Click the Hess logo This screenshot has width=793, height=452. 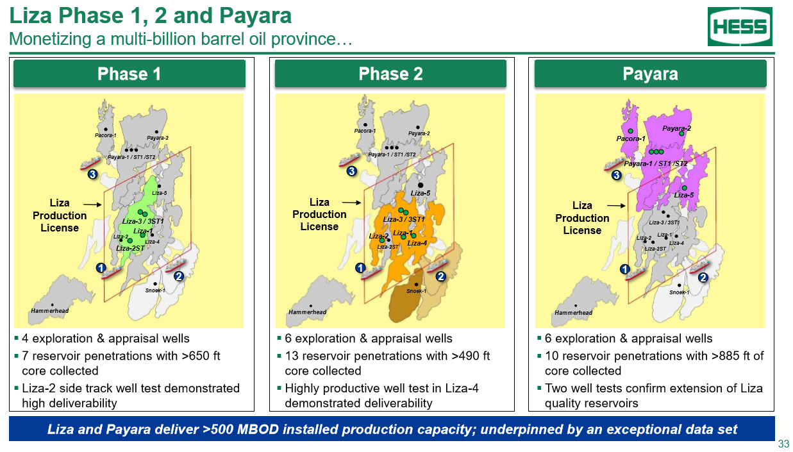pyautogui.click(x=740, y=26)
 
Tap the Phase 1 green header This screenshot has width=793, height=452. pyautogui.click(x=129, y=74)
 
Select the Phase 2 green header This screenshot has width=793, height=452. pyautogui.click(x=390, y=74)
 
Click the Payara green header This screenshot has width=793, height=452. pyautogui.click(x=650, y=74)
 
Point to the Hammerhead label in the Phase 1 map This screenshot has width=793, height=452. pyautogui.click(x=49, y=311)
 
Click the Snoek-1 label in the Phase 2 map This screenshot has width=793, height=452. pyautogui.click(x=416, y=291)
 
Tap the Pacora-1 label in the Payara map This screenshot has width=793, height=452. pyautogui.click(x=631, y=138)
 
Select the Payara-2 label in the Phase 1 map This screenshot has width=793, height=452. pyautogui.click(x=158, y=138)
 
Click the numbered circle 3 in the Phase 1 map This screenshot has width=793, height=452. pyautogui.click(x=92, y=174)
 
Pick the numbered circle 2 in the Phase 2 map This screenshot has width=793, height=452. pyautogui.click(x=440, y=276)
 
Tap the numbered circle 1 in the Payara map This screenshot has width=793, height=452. pyautogui.click(x=625, y=269)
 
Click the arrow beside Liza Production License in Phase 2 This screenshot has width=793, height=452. pyautogui.click(x=351, y=203)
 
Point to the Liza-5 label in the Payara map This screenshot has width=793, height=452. pyautogui.click(x=683, y=195)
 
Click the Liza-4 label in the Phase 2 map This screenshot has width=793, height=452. pyautogui.click(x=417, y=243)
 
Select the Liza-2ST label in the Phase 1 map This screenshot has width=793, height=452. pyautogui.click(x=130, y=248)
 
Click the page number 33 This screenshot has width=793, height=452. pyautogui.click(x=784, y=444)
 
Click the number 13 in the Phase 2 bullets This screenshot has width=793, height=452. pyautogui.click(x=292, y=356)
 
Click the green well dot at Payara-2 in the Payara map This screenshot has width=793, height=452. pyautogui.click(x=681, y=133)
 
